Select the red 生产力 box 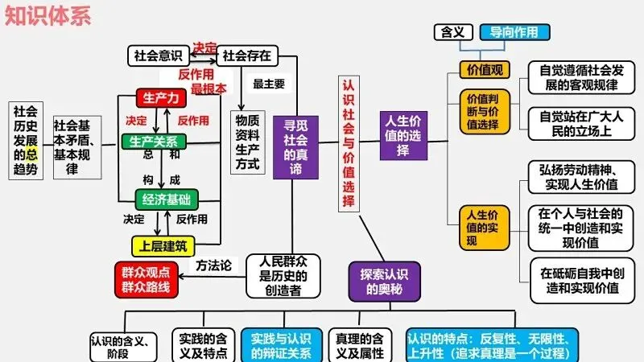point(161,98)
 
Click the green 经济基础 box point(167,199)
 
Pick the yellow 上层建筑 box point(163,245)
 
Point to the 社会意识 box point(158,56)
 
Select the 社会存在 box point(246,56)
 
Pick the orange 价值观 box point(485,70)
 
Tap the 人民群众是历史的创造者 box point(283,275)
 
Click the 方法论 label point(213,265)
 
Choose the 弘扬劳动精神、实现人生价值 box point(579,177)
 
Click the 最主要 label point(268,83)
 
